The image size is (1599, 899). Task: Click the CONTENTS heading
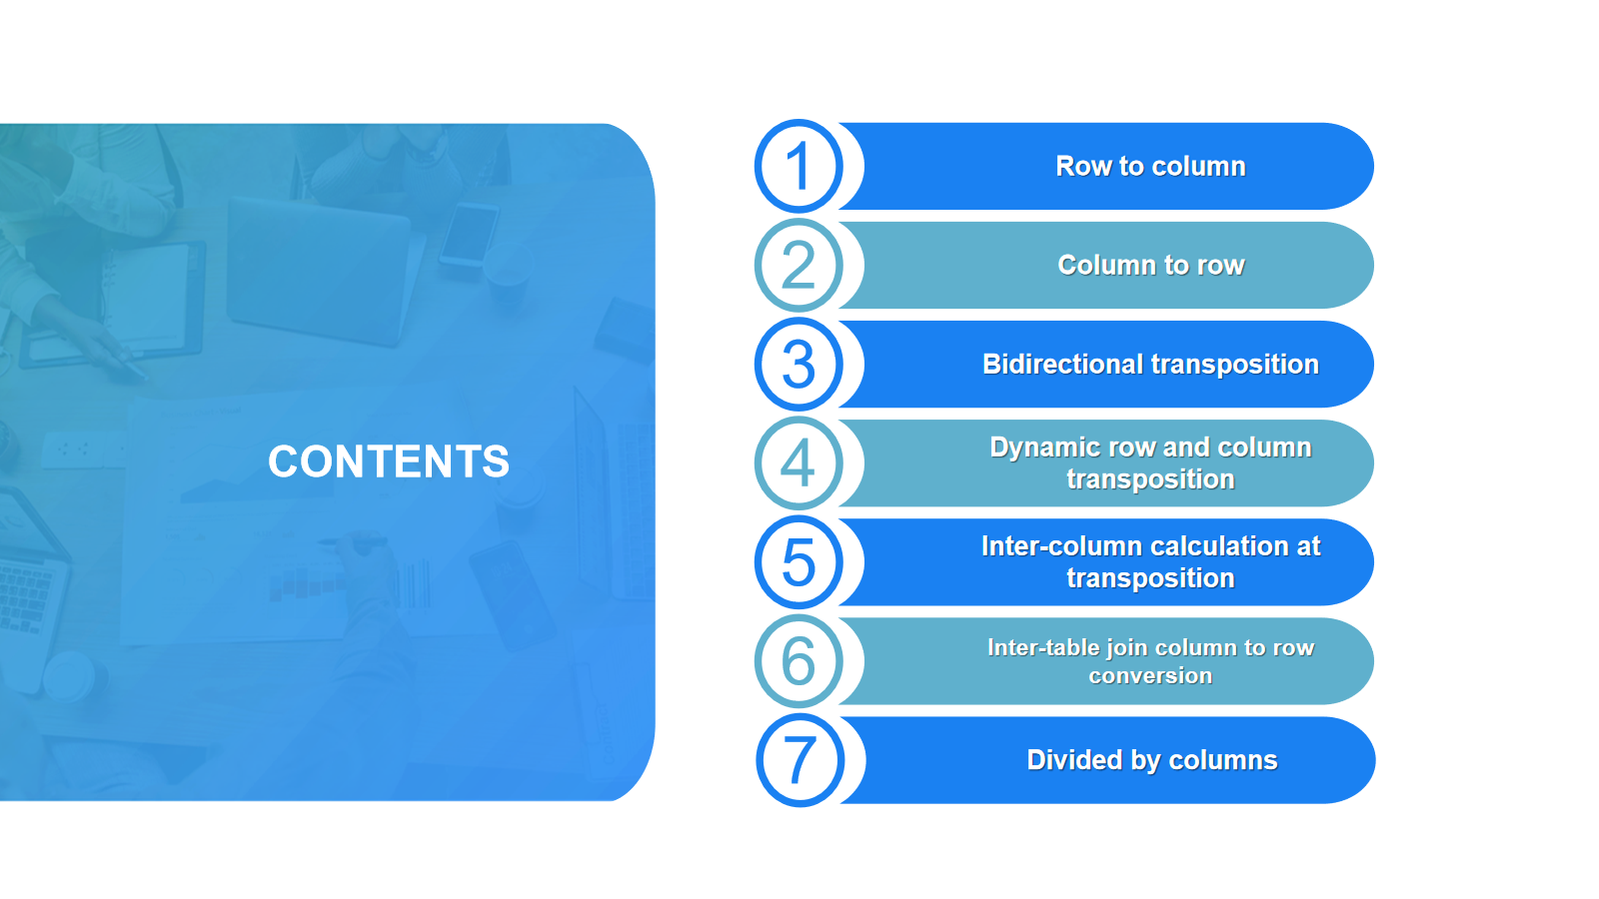pyautogui.click(x=389, y=460)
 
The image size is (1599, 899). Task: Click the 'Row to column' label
pyautogui.click(x=1150, y=166)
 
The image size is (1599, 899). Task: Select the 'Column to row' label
pyautogui.click(x=1150, y=266)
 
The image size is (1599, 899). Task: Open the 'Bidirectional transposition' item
pyautogui.click(x=1150, y=365)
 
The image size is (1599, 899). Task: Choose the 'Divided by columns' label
pyautogui.click(x=1152, y=760)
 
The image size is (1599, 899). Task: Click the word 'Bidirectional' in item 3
pyautogui.click(x=1063, y=364)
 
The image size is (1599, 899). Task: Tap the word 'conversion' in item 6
pyautogui.click(x=1150, y=675)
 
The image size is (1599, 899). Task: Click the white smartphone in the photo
pyautogui.click(x=469, y=235)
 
